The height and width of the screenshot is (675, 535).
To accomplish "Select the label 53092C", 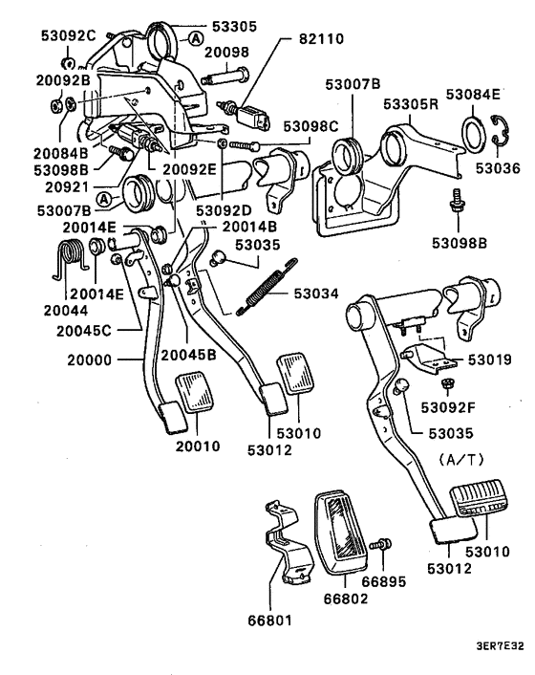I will pyautogui.click(x=68, y=36).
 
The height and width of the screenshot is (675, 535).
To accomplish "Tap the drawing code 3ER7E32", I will pyautogui.click(x=498, y=645).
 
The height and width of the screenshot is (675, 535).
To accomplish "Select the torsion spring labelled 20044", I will pyautogui.click(x=66, y=259).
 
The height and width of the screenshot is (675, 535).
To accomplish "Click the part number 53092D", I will pyautogui.click(x=225, y=208).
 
